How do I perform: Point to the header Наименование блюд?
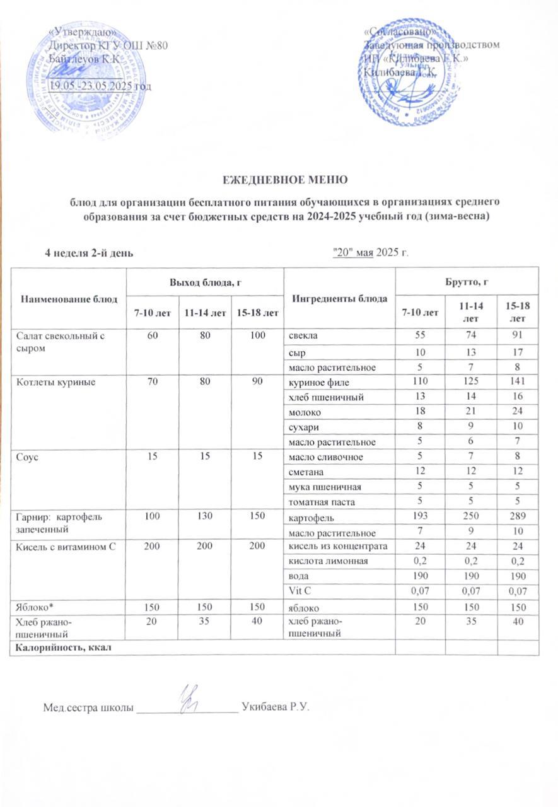point(68,298)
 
